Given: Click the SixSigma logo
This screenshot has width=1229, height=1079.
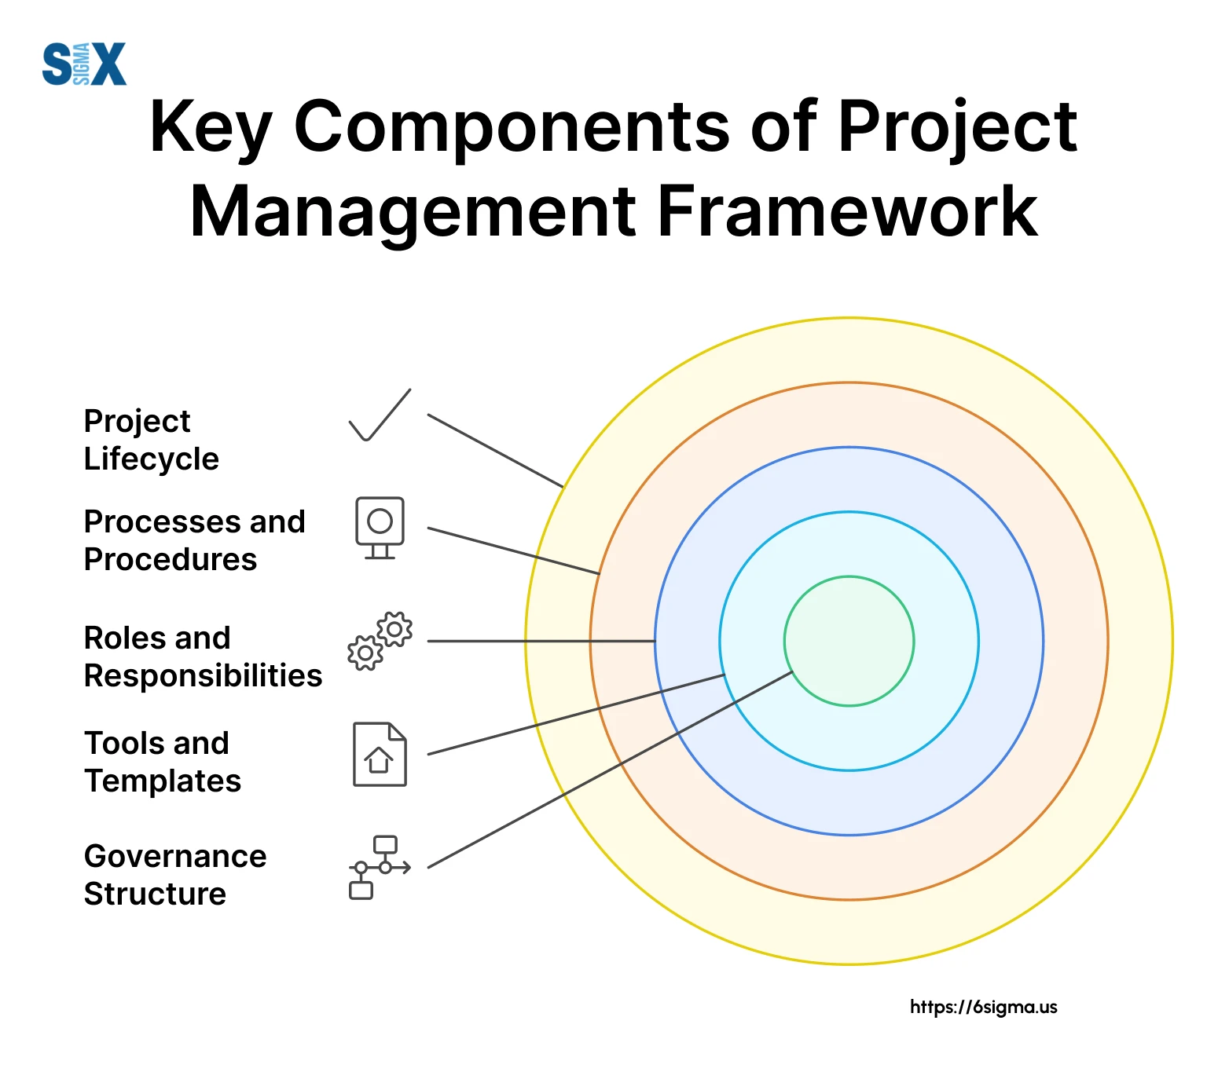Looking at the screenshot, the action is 84,64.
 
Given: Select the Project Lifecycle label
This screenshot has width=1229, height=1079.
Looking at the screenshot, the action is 152,441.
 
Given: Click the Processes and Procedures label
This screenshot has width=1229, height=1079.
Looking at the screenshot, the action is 195,540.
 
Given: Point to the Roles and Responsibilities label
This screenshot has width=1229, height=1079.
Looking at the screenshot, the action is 204,657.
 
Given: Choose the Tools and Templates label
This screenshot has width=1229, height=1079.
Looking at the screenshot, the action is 163,762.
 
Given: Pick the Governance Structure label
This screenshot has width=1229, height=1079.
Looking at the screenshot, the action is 175,875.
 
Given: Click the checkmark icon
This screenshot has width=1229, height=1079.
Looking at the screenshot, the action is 380,415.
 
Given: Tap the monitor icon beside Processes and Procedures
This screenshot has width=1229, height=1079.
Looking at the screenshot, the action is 380,528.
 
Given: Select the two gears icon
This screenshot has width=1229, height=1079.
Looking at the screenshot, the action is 380,641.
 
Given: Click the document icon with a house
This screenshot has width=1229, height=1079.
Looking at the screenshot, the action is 380,754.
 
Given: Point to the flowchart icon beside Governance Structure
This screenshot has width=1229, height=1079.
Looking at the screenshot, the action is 380,867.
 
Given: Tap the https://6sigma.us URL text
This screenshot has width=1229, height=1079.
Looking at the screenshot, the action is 984,1007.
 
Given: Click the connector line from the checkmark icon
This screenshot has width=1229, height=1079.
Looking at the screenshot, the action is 496,451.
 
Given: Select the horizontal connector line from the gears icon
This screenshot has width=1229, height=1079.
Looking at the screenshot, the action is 541,641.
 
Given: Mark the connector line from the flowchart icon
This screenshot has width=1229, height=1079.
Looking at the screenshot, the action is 610,770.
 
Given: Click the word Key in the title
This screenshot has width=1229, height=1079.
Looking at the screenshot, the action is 211,128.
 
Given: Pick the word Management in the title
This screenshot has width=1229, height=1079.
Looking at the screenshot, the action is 413,213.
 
